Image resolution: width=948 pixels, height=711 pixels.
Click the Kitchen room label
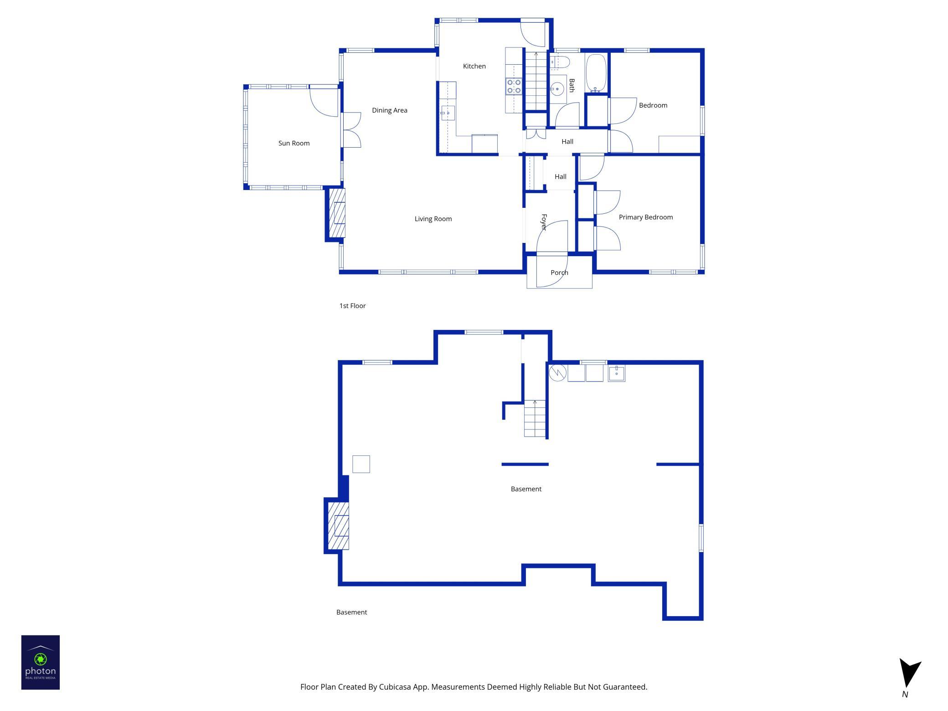[x=474, y=67]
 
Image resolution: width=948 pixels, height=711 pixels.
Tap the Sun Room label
[x=294, y=144]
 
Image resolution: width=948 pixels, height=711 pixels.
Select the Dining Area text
[x=389, y=110]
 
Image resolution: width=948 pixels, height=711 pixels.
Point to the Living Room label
[x=433, y=219]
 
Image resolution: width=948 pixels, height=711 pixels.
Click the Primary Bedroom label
[x=645, y=217]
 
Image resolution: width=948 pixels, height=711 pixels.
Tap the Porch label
[x=559, y=273]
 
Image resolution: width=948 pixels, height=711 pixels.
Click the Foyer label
[x=544, y=222]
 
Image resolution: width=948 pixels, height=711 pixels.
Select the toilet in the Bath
[x=560, y=62]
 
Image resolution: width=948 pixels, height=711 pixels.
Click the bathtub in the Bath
[x=595, y=73]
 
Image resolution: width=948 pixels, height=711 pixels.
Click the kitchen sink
[x=447, y=113]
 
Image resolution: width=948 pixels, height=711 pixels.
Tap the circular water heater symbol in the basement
[x=557, y=373]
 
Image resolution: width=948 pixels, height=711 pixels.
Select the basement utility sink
[x=616, y=373]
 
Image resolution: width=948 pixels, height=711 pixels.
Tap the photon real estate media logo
[x=41, y=662]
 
